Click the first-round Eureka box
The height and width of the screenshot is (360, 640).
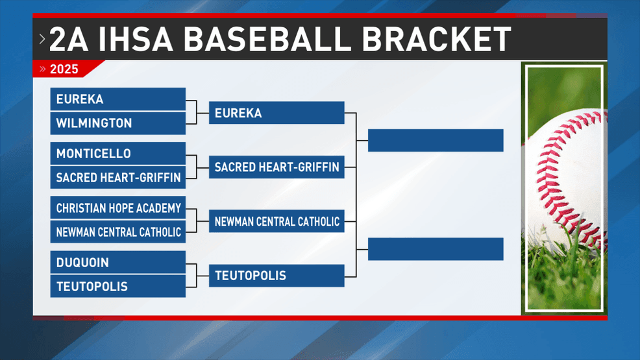click(118, 99)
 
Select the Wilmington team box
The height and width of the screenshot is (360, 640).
click(118, 123)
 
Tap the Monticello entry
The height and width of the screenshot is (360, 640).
click(118, 153)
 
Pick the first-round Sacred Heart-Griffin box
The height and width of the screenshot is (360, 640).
click(118, 177)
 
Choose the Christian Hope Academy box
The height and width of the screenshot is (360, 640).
click(118, 208)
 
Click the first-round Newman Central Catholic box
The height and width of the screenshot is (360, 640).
click(118, 232)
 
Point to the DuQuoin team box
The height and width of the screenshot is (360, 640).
click(118, 262)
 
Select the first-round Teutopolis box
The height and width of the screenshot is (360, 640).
click(118, 286)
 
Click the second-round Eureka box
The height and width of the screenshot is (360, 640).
click(277, 112)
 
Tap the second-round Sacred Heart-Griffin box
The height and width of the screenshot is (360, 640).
click(277, 167)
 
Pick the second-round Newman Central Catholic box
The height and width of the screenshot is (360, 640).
click(277, 221)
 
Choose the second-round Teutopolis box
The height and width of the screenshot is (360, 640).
click(277, 276)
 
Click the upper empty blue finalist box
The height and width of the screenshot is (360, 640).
click(436, 140)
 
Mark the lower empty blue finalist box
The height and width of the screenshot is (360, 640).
click(436, 248)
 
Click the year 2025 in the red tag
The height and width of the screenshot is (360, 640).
click(64, 69)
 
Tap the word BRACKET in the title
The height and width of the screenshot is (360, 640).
click(436, 39)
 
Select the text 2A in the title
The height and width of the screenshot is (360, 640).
click(69, 39)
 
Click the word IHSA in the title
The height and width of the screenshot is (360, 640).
click(136, 39)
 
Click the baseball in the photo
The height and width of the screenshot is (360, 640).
click(571, 180)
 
